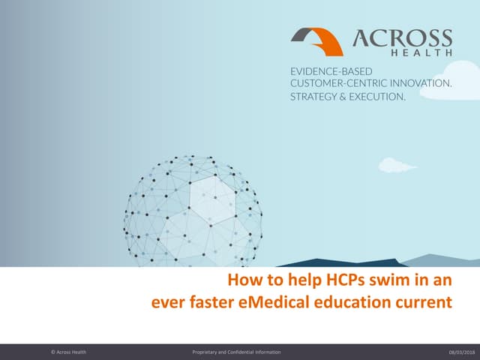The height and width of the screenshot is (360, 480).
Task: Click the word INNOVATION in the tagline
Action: (x=421, y=84)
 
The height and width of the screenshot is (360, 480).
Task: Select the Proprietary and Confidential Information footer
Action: (x=237, y=352)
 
